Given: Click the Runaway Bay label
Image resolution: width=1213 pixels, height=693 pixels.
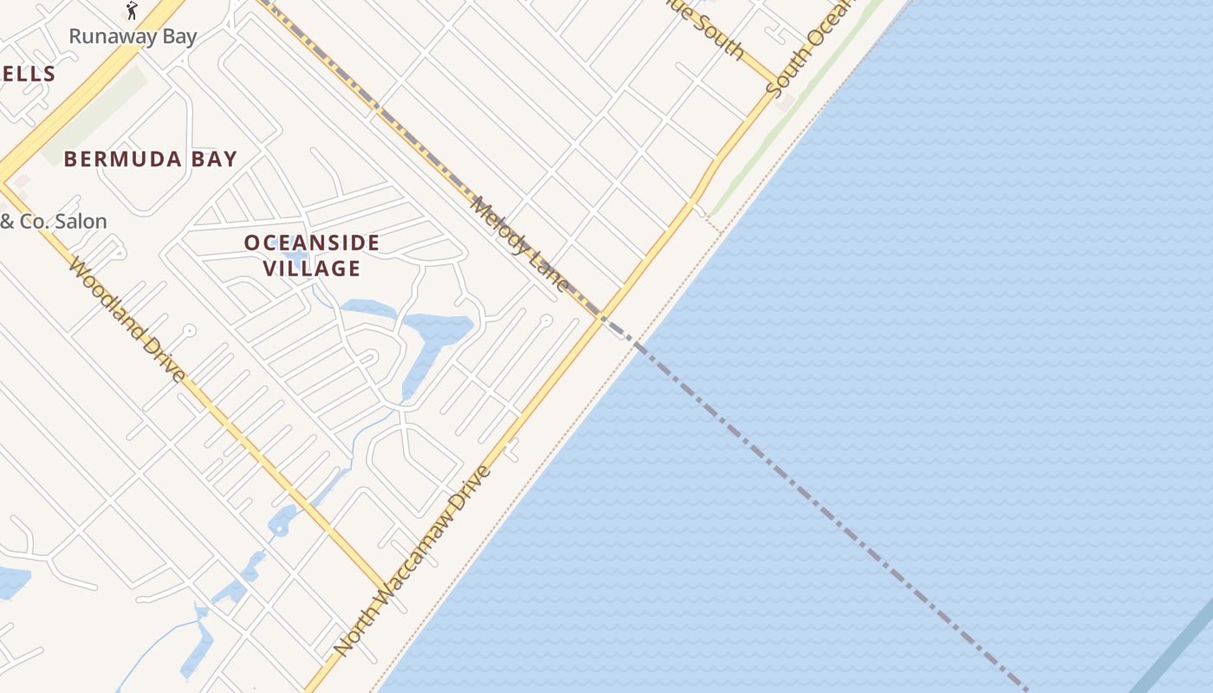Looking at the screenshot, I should pos(133,36).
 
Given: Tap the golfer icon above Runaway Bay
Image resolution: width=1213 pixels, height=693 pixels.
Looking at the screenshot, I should pos(132,10).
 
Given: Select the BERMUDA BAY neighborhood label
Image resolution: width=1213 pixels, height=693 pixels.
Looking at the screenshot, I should pos(151,159).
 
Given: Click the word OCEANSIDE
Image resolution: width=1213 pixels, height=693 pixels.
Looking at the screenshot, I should pos(312,243).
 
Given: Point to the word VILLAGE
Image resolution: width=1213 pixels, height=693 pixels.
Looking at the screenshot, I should pos(312,269).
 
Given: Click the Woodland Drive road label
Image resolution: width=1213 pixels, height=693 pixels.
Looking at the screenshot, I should pos(126,320).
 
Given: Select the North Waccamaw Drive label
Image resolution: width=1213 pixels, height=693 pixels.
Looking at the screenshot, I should pos(413,560).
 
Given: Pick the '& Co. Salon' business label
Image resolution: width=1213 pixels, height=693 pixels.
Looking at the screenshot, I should pos(54,222).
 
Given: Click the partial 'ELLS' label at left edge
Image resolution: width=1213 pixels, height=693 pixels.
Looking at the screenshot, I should pos(28,74).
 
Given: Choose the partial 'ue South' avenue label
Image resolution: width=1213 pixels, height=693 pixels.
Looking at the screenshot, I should pos(714,32).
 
